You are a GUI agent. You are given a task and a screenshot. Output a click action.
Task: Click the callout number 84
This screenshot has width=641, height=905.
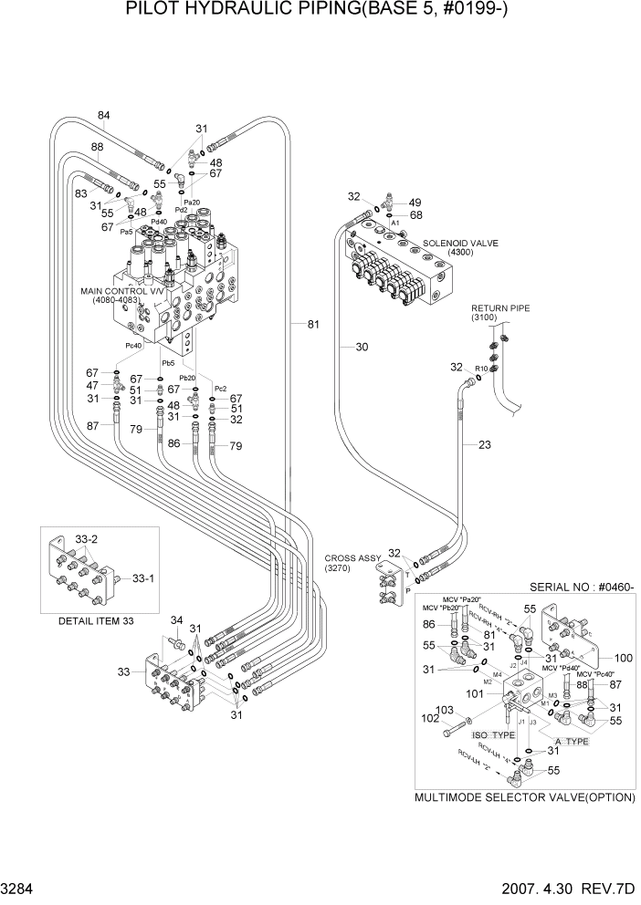tap(103, 115)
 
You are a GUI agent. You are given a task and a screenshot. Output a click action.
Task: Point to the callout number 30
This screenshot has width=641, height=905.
tap(362, 346)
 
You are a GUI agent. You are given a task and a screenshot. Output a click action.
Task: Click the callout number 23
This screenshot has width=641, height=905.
tap(484, 444)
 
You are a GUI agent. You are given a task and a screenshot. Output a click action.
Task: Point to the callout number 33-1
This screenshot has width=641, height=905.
tap(145, 577)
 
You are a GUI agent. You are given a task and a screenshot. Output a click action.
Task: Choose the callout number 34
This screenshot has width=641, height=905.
tap(176, 620)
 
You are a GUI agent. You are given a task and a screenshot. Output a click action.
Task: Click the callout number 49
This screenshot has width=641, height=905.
tap(415, 203)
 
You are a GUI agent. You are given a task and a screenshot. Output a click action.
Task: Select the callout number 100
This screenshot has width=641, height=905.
tap(623, 657)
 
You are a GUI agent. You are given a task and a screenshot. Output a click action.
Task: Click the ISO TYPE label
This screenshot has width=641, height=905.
tap(494, 733)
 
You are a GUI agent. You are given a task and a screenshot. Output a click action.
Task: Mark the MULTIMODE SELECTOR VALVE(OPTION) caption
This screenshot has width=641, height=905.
tap(524, 796)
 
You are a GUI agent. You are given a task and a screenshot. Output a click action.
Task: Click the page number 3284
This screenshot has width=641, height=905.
tap(22, 888)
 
